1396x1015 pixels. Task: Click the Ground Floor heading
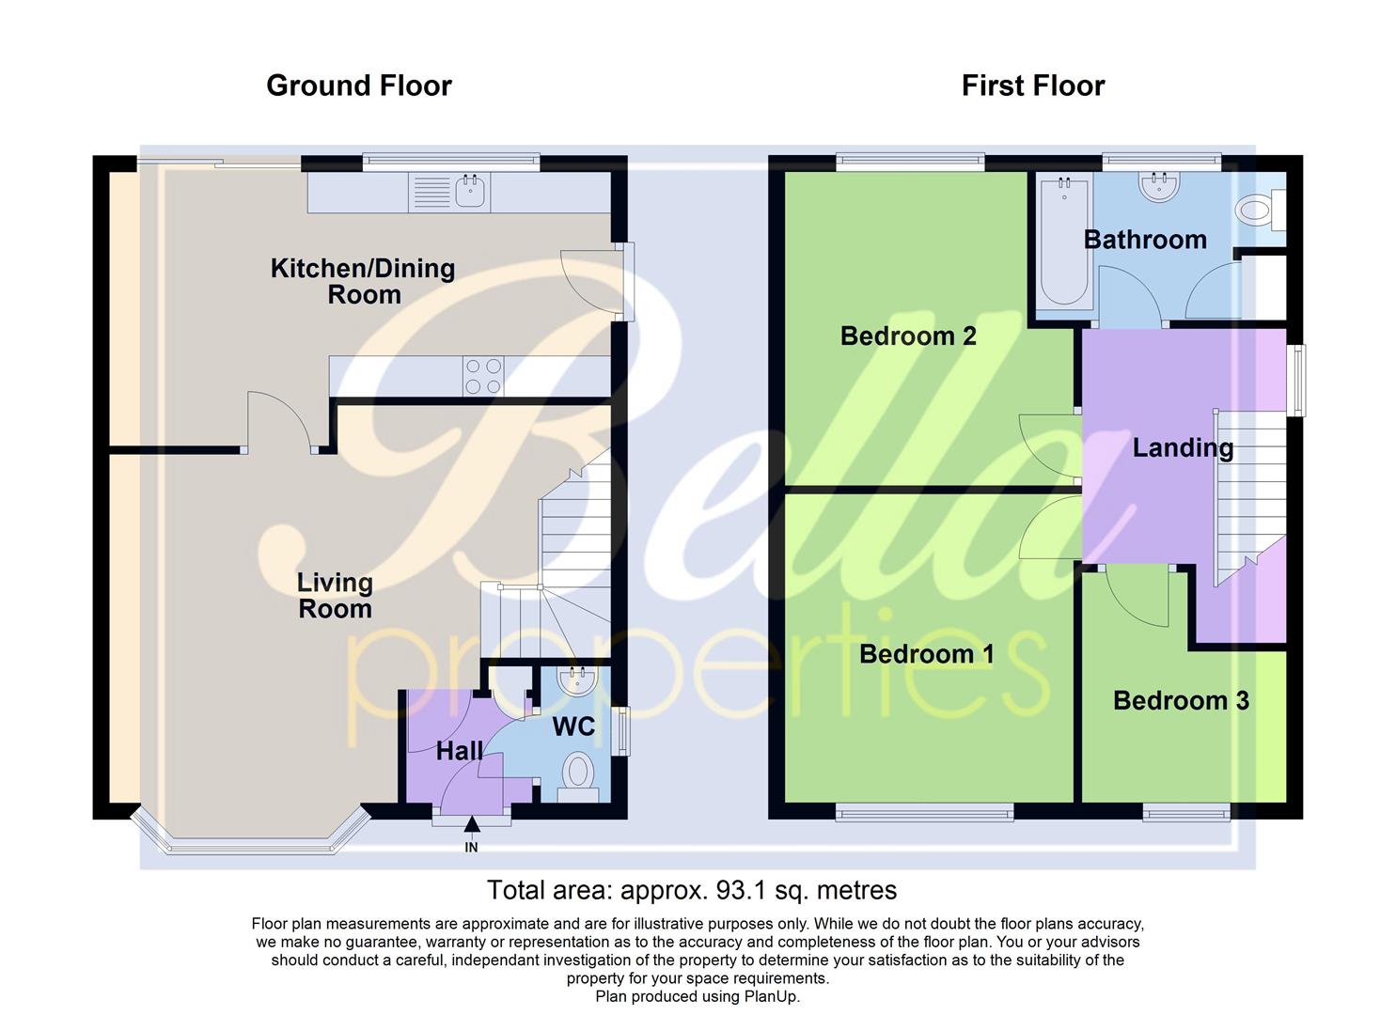point(358,86)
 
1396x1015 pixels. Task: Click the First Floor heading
point(1032,86)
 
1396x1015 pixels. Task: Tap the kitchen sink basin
point(470,193)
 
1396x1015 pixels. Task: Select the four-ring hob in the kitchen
point(483,377)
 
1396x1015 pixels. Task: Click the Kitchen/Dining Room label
point(363,281)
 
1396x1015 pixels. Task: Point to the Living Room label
point(335,596)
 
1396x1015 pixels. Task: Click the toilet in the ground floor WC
point(576,775)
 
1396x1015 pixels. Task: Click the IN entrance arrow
point(471,825)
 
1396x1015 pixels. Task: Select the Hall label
point(459,751)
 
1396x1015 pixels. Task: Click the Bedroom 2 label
point(907,336)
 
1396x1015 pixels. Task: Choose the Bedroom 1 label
point(926,654)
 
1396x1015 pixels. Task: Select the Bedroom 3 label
point(1181,700)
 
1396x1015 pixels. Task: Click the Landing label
point(1182,447)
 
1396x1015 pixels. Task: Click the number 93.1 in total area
point(743,890)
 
